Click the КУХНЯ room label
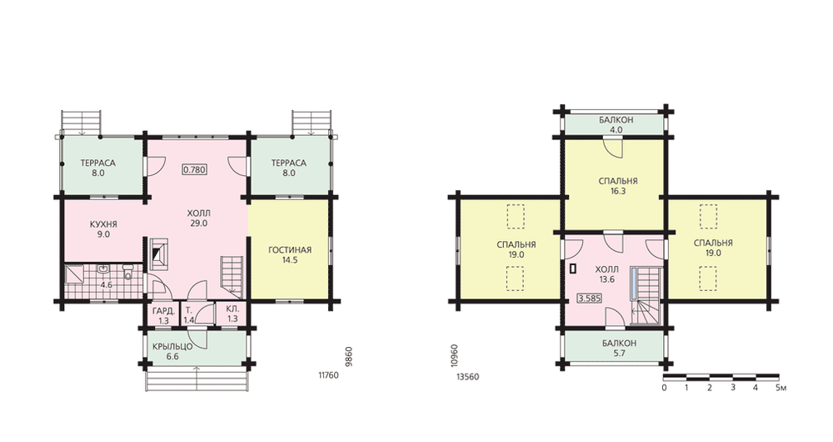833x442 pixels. pos(103,224)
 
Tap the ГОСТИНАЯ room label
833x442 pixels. pos(290,250)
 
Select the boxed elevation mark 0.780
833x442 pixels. pos(194,169)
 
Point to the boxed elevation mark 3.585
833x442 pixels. pos(590,299)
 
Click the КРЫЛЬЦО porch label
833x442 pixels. pos(172,346)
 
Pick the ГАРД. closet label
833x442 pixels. pos(163,310)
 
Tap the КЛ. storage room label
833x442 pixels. pos(232,309)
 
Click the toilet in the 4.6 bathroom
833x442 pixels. pos(127,272)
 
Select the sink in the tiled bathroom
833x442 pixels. pos(103,269)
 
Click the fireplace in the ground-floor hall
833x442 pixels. pos(157,254)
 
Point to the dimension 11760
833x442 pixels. pos(328,375)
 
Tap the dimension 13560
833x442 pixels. pos(468,377)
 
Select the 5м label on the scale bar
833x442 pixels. pos(781,387)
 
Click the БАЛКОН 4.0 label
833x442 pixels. pos(616,124)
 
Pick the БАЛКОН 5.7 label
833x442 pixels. pos(620,348)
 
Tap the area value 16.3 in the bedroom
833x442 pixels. pos(618,191)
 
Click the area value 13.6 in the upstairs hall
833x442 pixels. pos(606,279)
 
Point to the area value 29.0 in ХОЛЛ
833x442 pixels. pos(198,224)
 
